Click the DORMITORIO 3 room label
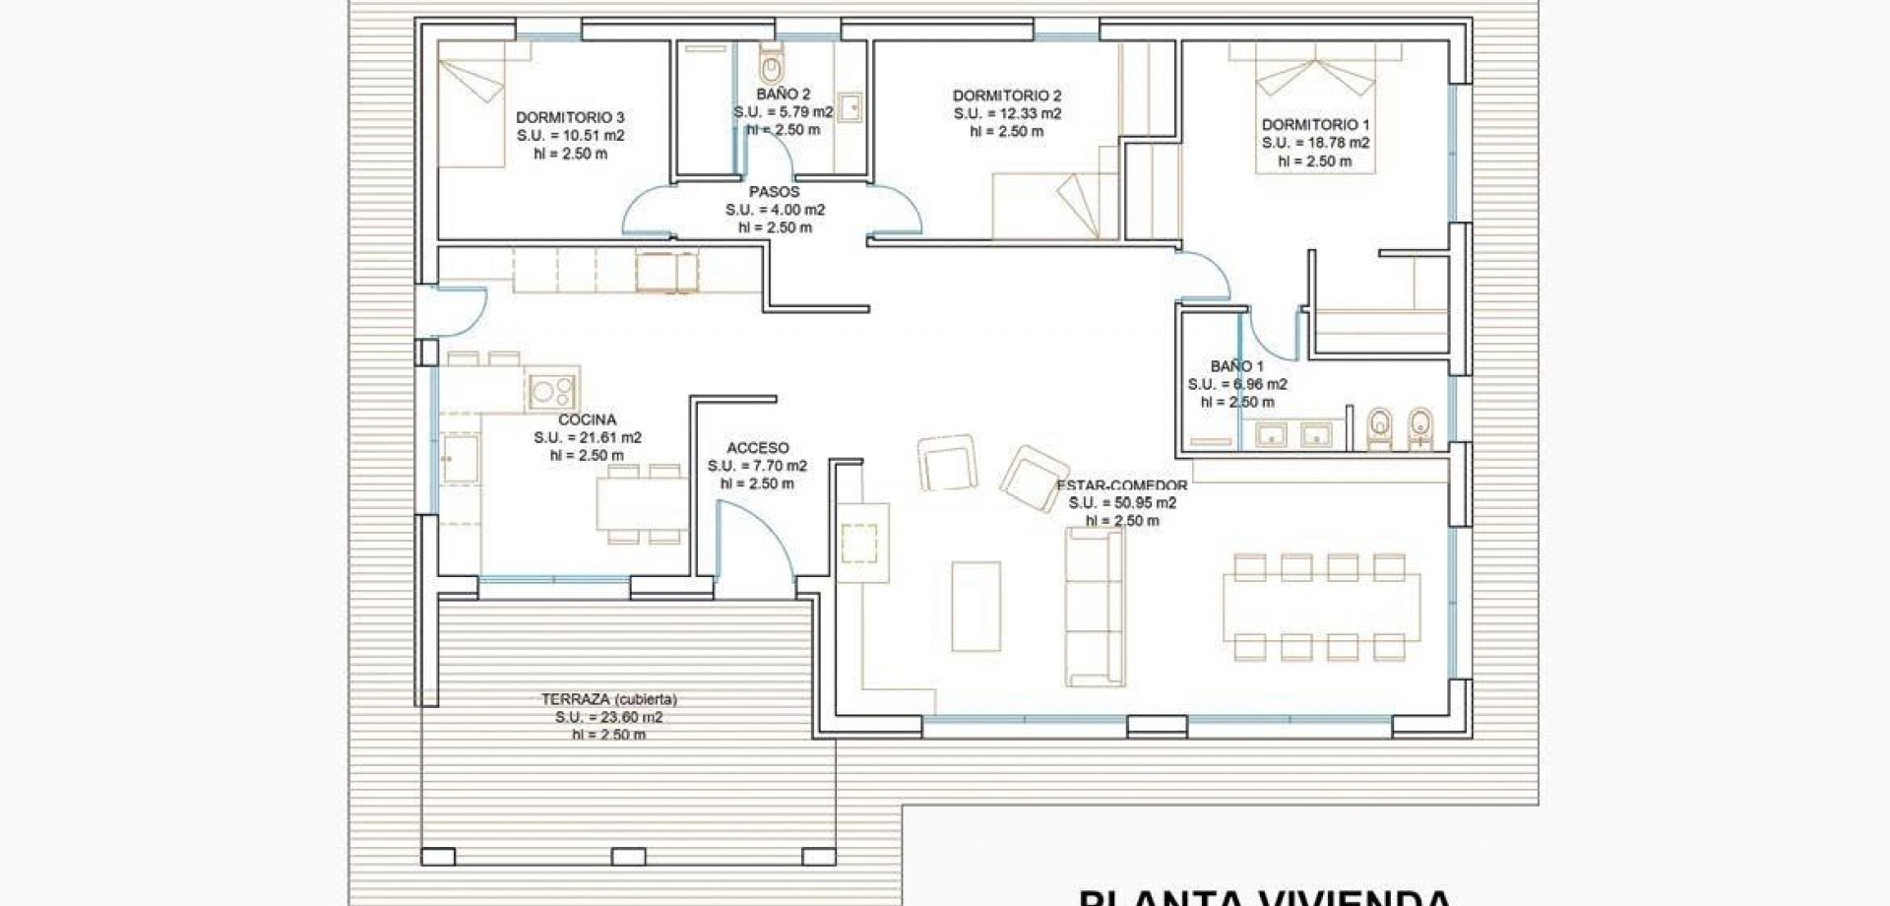click(x=570, y=117)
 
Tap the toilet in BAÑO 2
click(x=771, y=67)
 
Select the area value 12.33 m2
click(x=1007, y=113)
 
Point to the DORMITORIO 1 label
click(x=1315, y=125)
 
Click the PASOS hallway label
click(x=774, y=192)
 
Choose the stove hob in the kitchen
click(x=551, y=391)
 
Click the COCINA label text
click(x=587, y=420)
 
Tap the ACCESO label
click(x=757, y=448)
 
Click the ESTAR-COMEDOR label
click(x=1121, y=485)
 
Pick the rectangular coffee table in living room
click(x=976, y=606)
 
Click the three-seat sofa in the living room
click(x=1094, y=607)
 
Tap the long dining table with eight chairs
click(x=1321, y=607)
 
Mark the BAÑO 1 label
click(x=1236, y=366)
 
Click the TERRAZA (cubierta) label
click(x=608, y=699)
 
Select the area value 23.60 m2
click(x=608, y=717)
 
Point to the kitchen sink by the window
click(x=460, y=459)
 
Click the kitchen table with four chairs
click(x=642, y=503)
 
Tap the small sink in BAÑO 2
click(x=850, y=106)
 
